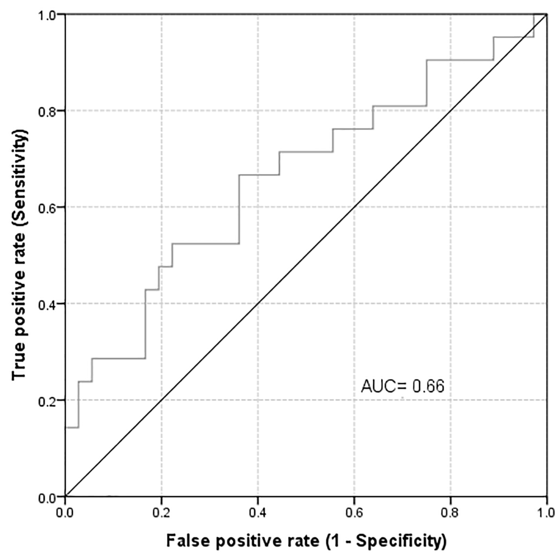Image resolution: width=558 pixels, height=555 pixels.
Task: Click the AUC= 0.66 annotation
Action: tap(402, 387)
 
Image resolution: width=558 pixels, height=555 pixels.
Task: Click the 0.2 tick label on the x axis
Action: tap(161, 513)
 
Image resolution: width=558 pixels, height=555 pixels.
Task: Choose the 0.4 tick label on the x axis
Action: tap(258, 513)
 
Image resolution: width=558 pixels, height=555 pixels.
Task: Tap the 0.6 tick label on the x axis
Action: tap(354, 513)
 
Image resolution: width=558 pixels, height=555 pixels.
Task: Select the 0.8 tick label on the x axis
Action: tap(450, 513)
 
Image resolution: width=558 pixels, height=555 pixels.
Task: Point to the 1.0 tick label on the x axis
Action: tap(547, 513)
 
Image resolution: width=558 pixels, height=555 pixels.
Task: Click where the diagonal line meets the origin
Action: tap(65, 496)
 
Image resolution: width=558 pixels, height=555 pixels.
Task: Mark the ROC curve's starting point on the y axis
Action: tap(65, 427)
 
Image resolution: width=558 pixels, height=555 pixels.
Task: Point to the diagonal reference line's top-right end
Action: tap(547, 15)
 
